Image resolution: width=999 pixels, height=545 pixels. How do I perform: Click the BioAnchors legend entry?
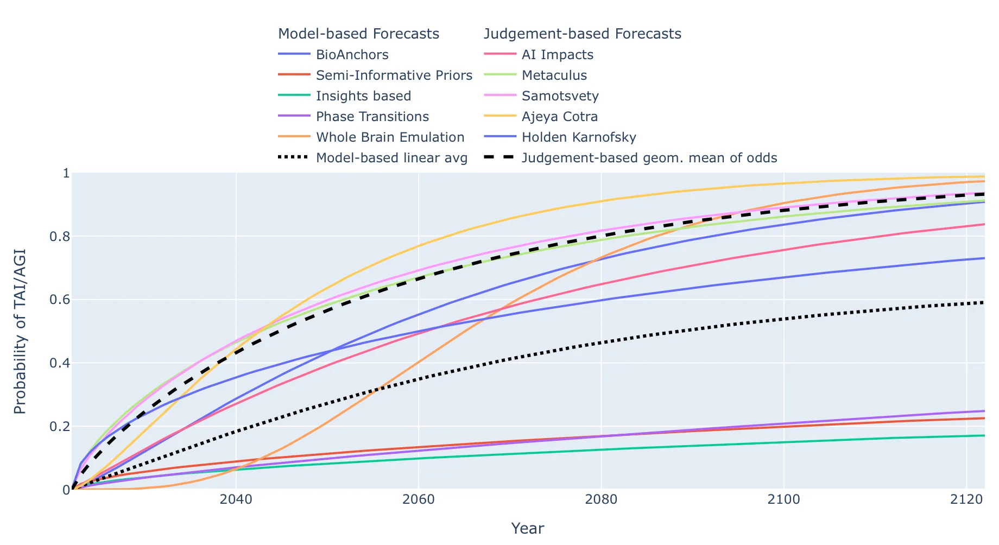point(352,55)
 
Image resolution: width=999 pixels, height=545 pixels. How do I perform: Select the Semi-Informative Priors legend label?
point(394,75)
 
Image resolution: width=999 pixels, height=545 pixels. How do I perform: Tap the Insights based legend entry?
point(363,96)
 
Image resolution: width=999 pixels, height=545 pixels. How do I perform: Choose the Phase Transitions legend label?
point(372,117)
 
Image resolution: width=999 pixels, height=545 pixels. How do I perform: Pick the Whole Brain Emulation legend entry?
point(390,137)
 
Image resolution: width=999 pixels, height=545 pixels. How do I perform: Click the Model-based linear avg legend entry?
point(391,158)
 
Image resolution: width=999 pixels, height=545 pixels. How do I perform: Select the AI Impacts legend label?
point(557,55)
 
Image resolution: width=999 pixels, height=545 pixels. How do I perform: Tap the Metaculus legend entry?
point(554,75)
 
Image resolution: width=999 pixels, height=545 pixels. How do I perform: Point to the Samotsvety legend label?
point(560,96)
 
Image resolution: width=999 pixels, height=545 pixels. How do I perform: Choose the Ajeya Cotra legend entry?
point(559,117)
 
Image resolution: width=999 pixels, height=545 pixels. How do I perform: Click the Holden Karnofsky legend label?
point(578,137)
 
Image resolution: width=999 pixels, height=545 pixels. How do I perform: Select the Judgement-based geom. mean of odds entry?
point(649,158)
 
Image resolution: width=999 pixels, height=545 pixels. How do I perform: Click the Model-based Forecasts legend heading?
point(358,34)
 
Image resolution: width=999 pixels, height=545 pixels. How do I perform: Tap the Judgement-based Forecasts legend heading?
point(582,34)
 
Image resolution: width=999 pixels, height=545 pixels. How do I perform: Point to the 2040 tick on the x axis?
point(236,499)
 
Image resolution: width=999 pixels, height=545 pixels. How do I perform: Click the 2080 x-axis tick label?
point(601,499)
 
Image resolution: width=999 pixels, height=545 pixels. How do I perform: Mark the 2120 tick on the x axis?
point(966,499)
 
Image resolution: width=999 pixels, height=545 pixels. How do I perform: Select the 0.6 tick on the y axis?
point(60,300)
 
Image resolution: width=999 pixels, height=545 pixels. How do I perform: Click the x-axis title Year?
point(527,528)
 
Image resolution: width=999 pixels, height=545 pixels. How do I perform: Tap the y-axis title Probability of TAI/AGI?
point(20,331)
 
